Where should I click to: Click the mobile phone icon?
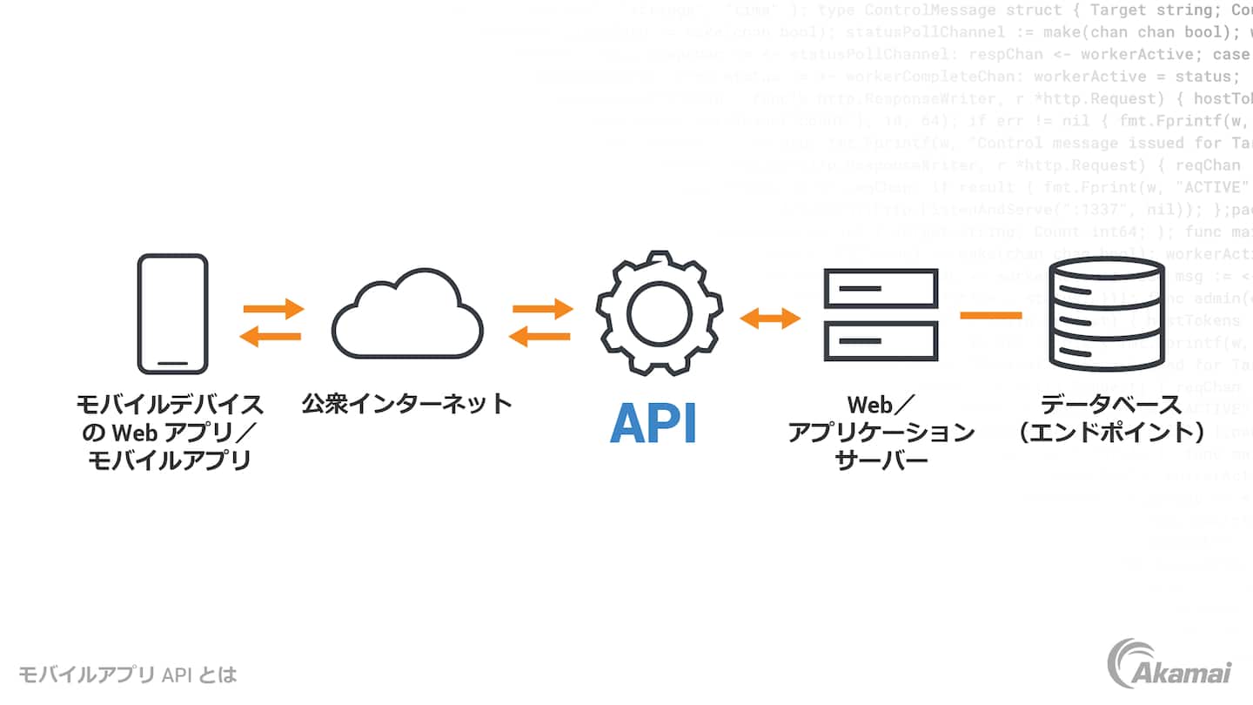pyautogui.click(x=173, y=314)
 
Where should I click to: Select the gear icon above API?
pyautogui.click(x=659, y=312)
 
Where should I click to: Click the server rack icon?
pyautogui.click(x=881, y=315)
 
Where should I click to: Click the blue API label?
pyautogui.click(x=653, y=424)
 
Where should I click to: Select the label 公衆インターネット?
pyautogui.click(x=406, y=404)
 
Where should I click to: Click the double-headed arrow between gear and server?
pyautogui.click(x=770, y=319)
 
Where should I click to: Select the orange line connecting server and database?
pyautogui.click(x=990, y=315)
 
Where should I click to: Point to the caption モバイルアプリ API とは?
pyautogui.click(x=128, y=675)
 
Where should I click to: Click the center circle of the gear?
pyautogui.click(x=659, y=312)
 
